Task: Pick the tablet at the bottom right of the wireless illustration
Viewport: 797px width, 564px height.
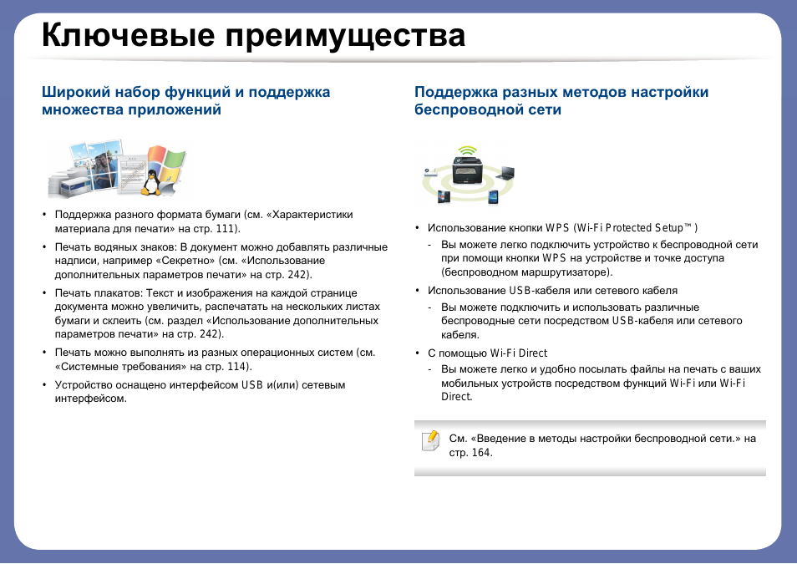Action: [x=492, y=197]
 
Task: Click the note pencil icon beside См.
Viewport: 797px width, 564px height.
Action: [x=430, y=440]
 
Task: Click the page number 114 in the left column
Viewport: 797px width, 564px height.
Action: [x=238, y=366]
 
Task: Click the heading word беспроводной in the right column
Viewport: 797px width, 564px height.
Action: [x=458, y=109]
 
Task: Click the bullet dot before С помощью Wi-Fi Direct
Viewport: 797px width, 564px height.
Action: [x=417, y=353]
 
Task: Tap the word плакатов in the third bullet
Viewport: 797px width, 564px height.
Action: [x=113, y=293]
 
